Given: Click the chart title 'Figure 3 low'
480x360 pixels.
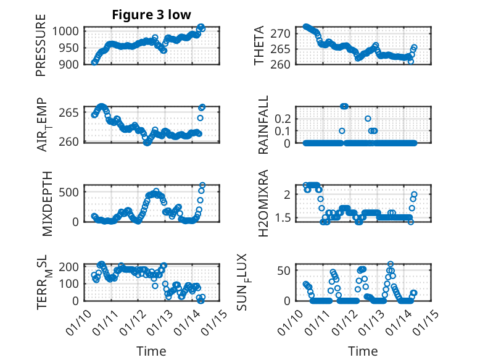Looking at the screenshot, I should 151,15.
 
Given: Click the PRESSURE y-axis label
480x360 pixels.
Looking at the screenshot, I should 41,49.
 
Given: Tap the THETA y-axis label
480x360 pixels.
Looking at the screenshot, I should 259,45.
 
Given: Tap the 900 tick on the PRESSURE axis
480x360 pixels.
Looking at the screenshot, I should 68,64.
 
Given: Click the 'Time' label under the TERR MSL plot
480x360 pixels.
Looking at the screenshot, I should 151,351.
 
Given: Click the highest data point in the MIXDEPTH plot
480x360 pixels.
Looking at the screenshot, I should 202,185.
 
